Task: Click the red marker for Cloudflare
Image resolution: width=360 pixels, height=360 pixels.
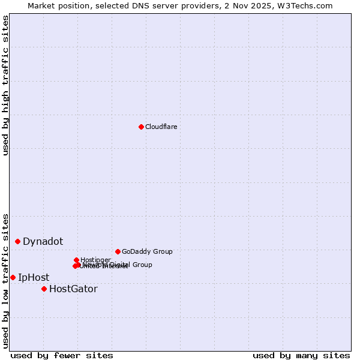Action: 141,127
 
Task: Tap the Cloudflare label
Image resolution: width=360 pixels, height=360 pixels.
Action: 161,127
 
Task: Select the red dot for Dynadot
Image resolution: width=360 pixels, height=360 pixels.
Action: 18,241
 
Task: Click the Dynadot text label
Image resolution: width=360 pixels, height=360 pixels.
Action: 43,241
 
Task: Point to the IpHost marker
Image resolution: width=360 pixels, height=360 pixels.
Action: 13,277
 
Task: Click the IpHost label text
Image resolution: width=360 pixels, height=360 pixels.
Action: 34,277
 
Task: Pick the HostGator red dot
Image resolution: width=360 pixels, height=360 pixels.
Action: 44,289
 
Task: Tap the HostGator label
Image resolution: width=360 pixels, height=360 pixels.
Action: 73,289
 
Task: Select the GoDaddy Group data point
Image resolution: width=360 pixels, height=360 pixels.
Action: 118,251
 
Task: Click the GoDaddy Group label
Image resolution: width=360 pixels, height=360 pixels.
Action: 147,251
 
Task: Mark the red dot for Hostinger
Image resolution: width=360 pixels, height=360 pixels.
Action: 76,260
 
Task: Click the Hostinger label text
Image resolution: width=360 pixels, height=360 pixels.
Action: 95,260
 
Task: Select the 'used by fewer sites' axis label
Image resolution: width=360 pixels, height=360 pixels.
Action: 62,355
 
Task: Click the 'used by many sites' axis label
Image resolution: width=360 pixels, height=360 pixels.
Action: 301,355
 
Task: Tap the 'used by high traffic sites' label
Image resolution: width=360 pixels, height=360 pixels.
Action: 6,85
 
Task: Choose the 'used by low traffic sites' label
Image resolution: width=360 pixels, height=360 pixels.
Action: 6,281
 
